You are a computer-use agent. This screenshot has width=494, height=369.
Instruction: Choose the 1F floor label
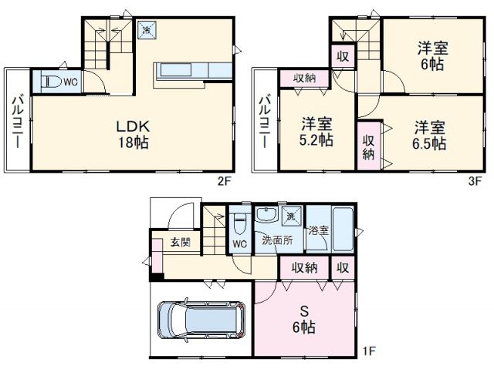click(x=369, y=352)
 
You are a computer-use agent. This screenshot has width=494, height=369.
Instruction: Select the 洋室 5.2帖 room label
click(x=316, y=131)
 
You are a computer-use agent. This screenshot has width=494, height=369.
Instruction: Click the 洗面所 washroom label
click(x=277, y=240)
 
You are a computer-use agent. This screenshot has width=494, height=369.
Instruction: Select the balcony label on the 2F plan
click(x=17, y=122)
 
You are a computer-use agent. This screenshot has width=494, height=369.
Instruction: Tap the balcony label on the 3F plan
click(x=265, y=122)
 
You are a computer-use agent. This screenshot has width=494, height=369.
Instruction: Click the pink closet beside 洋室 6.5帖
click(x=369, y=144)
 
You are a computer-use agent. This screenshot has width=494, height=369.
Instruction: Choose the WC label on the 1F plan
click(x=240, y=245)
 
